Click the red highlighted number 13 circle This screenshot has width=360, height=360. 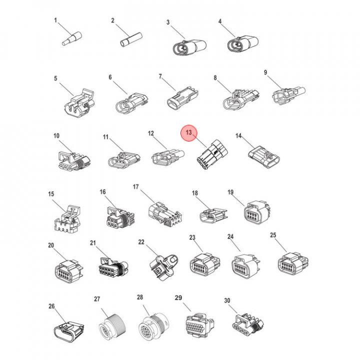[x=189, y=133]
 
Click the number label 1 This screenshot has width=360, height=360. [x=56, y=21]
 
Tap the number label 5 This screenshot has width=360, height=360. [x=56, y=78]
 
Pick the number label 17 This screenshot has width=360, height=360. [x=135, y=186]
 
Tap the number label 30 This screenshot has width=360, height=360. [x=227, y=300]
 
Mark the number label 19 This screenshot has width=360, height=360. [x=231, y=192]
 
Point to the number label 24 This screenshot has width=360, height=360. [x=230, y=236]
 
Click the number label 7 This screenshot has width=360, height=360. [x=160, y=76]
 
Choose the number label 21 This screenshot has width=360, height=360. [x=92, y=243]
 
